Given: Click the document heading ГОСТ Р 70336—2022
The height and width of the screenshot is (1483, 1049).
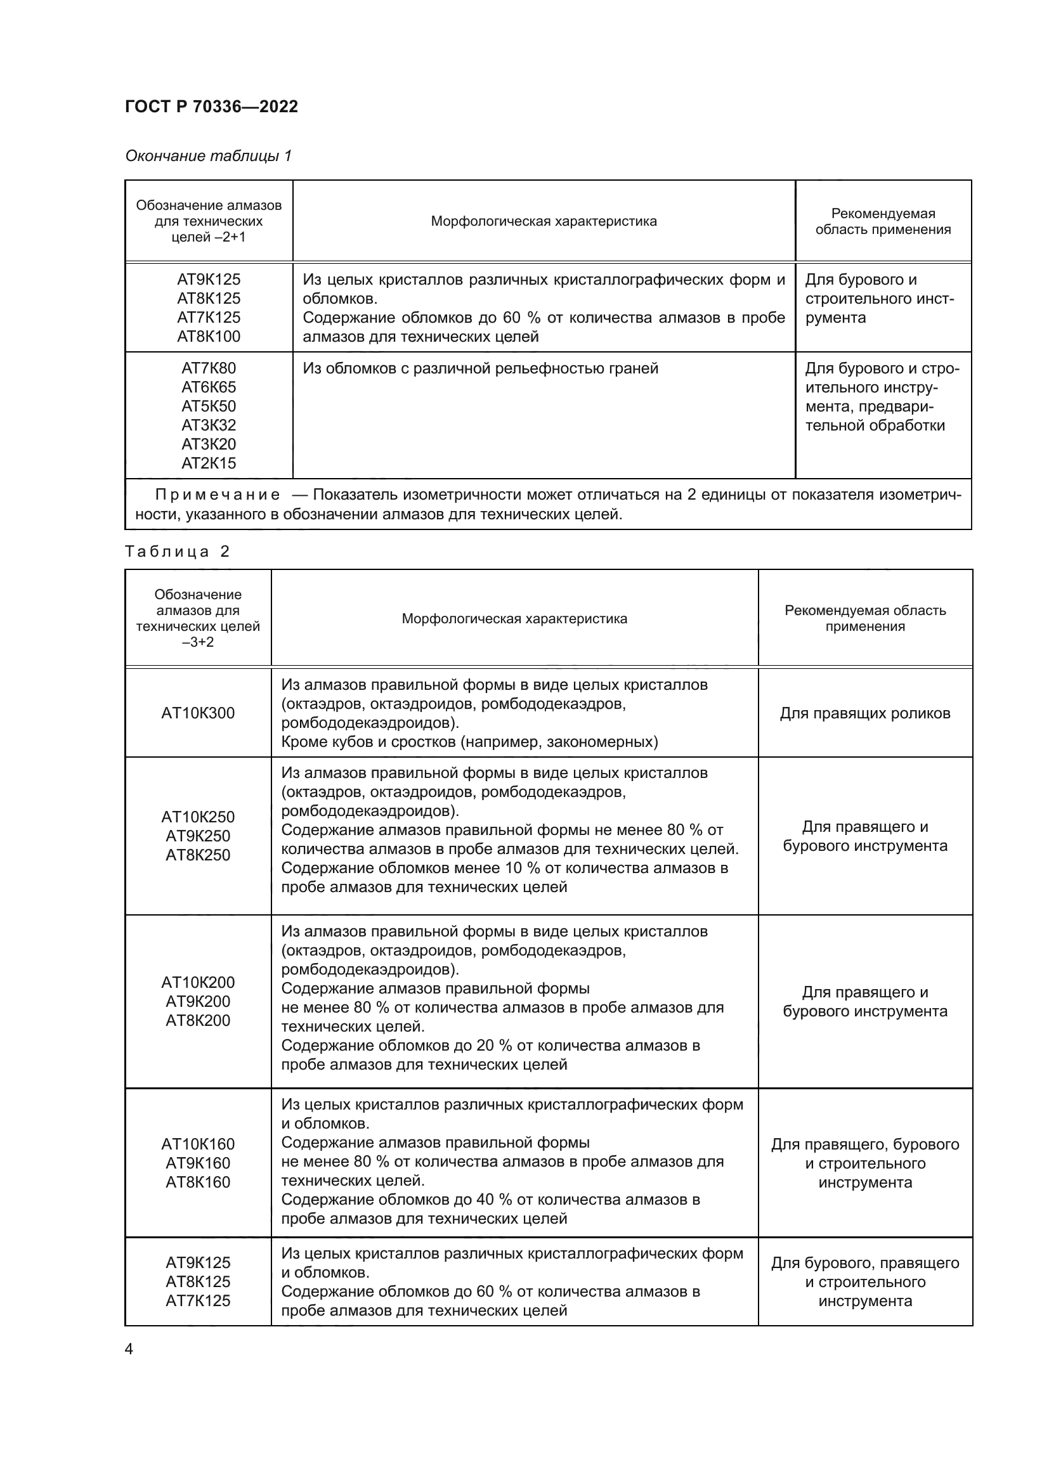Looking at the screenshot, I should pos(211,107).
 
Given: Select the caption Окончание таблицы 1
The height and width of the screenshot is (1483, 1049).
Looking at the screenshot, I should pos(208,156).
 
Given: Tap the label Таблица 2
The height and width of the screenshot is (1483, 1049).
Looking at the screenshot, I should pos(178,551).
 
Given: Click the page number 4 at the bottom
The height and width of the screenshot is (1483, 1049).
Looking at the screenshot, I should pos(129,1349).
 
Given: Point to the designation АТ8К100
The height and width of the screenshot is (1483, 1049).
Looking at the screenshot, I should pos(209,337).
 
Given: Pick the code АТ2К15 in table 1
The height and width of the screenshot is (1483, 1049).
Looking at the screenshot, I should pos(209,463).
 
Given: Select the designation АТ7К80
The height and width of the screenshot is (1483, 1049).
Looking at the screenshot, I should pos(209,368).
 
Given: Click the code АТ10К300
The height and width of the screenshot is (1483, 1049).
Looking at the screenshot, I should pos(198,713).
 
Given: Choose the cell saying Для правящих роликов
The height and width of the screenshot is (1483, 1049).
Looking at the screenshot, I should pos(865,713).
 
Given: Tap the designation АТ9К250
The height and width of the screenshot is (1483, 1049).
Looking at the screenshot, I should pos(198,836).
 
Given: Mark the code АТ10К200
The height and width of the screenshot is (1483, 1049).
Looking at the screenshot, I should pos(198,982).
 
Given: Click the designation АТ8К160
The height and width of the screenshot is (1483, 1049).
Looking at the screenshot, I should pos(198,1182).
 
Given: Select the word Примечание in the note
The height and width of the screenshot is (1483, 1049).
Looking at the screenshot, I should pos(218,495).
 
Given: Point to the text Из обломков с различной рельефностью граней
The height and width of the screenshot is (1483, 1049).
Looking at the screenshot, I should pos(480,368).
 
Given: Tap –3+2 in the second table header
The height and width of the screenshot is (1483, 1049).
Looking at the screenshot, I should pos(198,642).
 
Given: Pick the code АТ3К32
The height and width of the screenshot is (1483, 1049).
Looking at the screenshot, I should pos(209,425).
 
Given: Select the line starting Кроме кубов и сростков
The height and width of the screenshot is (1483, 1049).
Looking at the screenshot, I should pos(469,742).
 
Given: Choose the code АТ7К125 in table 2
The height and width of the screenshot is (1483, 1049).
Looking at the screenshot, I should pos(198,1300).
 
